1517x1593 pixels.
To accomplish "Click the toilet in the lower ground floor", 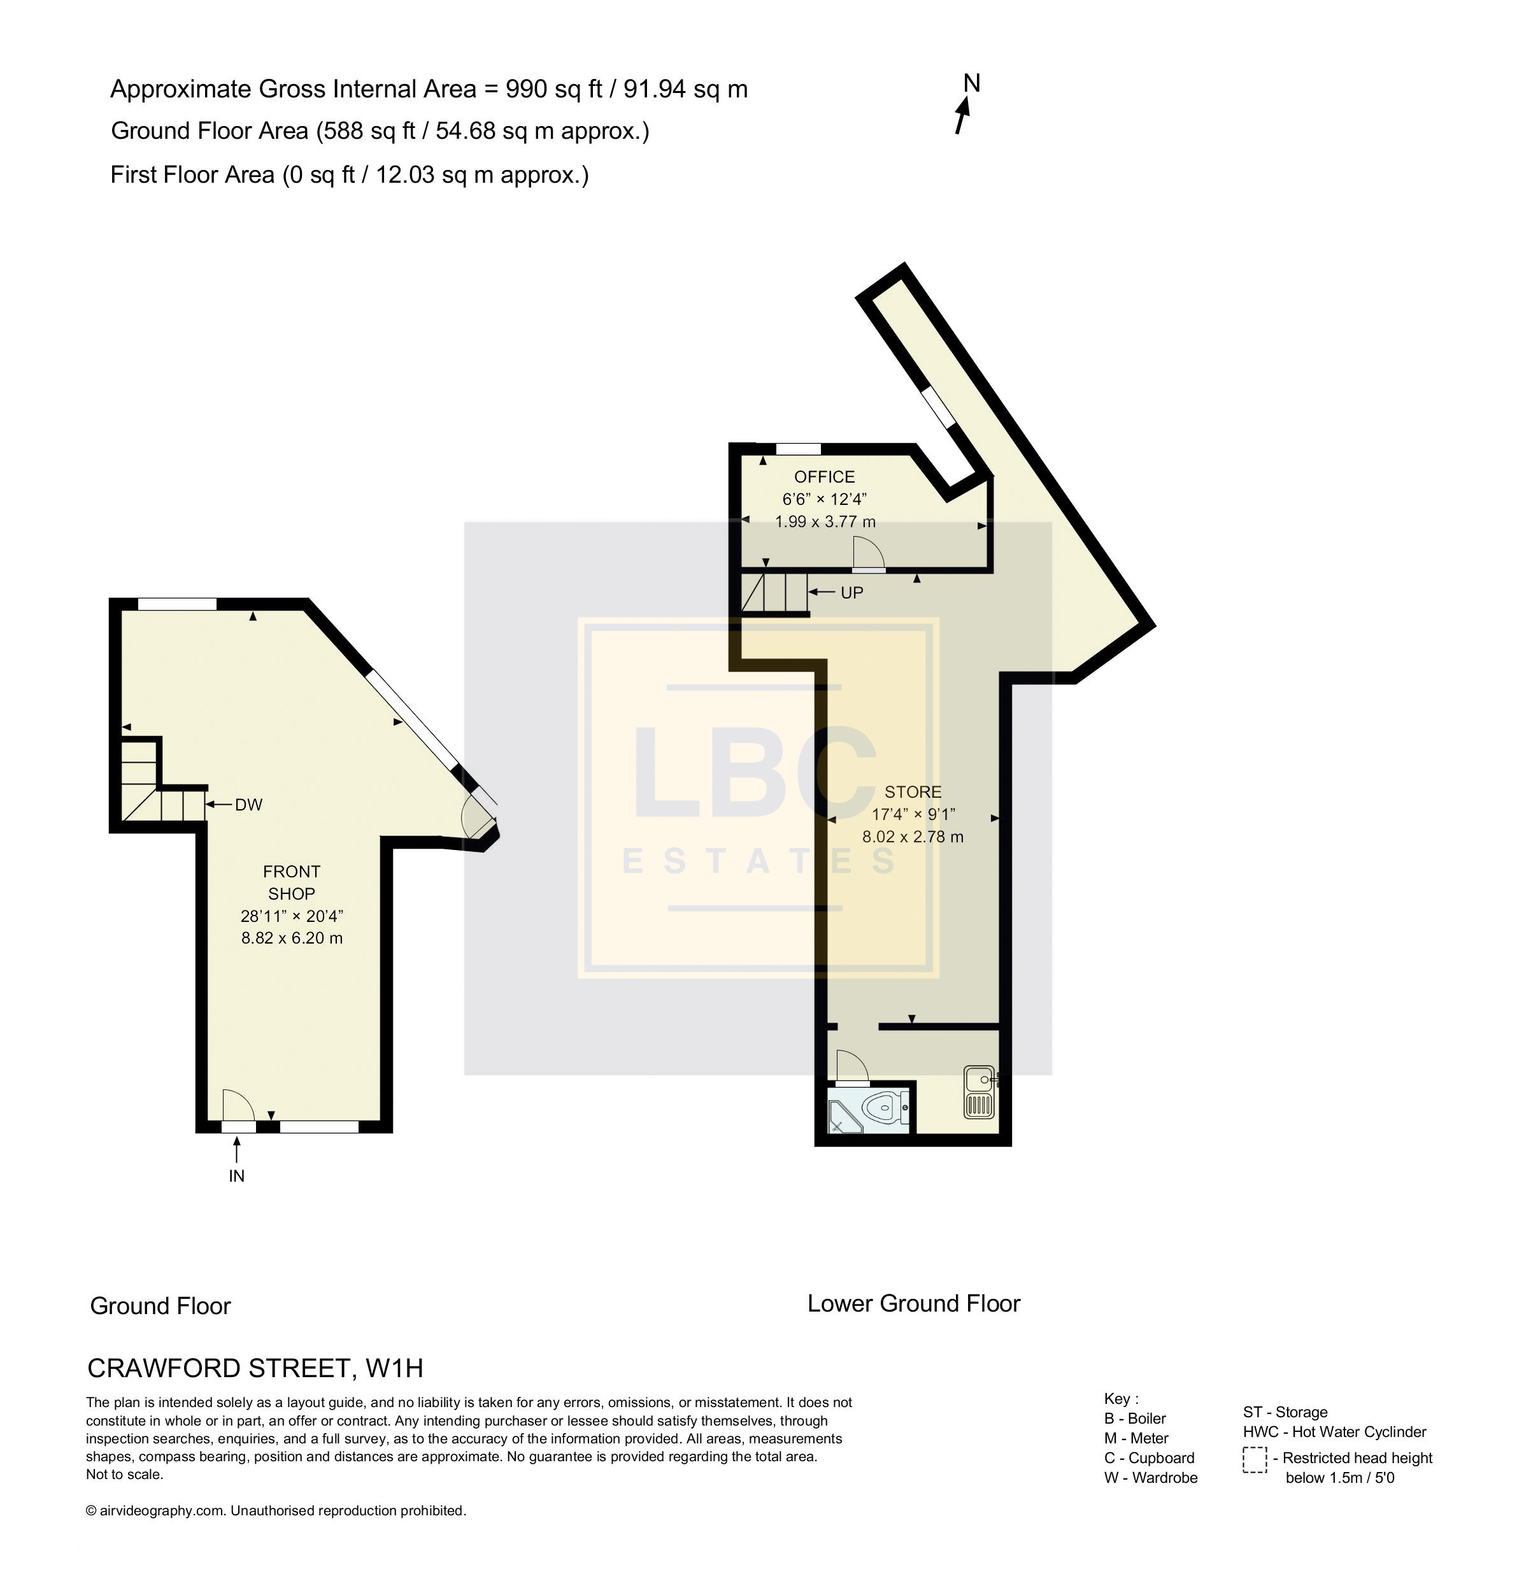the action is pyautogui.click(x=885, y=1107).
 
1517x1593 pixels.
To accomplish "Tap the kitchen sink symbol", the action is pyautogui.click(x=980, y=1092).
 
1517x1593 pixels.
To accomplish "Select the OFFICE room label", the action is pyautogui.click(x=824, y=477).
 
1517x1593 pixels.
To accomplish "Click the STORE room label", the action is pyautogui.click(x=913, y=792).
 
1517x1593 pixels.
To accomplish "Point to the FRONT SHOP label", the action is pyautogui.click(x=292, y=882).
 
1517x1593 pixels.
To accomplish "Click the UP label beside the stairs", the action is pyautogui.click(x=852, y=592).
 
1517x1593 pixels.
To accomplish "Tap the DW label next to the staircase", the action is pyautogui.click(x=248, y=804).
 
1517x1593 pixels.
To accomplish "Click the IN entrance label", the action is pyautogui.click(x=236, y=1176).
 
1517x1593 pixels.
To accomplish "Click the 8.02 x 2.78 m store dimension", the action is pyautogui.click(x=913, y=837).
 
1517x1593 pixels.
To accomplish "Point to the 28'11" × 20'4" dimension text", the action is pyautogui.click(x=292, y=916).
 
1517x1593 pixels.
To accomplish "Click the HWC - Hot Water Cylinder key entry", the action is pyautogui.click(x=1335, y=1431).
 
